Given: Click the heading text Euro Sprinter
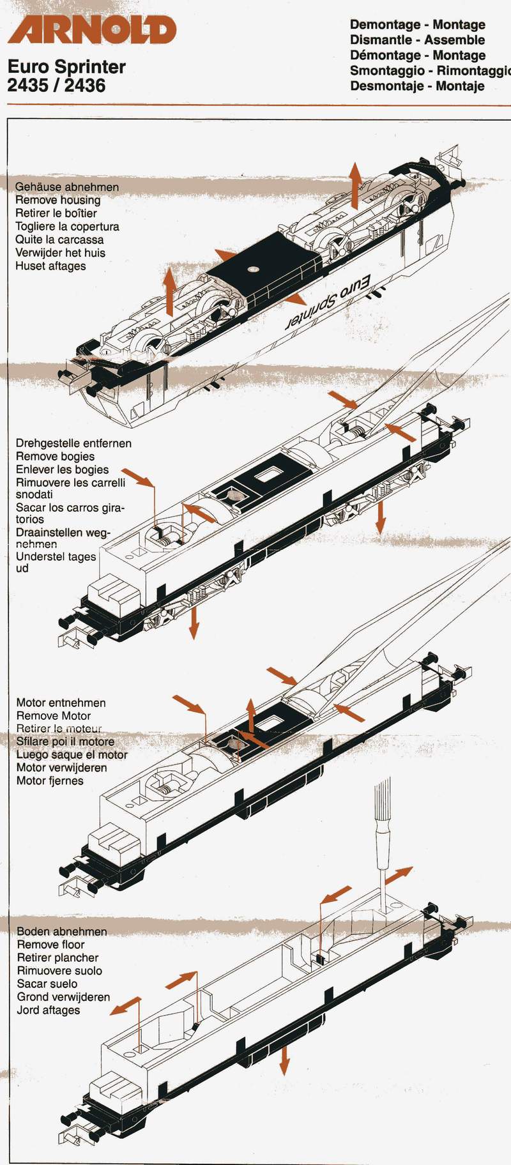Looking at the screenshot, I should pyautogui.click(x=66, y=66).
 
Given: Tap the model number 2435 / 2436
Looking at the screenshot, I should pyautogui.click(x=56, y=85).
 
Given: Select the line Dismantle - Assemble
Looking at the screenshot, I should pyautogui.click(x=417, y=40).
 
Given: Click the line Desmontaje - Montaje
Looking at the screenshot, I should pyautogui.click(x=417, y=86).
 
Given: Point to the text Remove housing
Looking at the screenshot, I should pyautogui.click(x=57, y=200).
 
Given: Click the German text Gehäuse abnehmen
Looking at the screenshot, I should pyautogui.click(x=66, y=187).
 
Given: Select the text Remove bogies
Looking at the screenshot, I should pyautogui.click(x=55, y=456).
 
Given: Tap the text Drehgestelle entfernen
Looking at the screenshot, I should pyautogui.click(x=73, y=443).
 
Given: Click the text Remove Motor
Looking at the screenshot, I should pyautogui.click(x=54, y=715).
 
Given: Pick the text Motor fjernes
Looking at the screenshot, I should pyautogui.click(x=50, y=780).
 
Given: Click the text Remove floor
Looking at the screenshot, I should pyautogui.click(x=50, y=944).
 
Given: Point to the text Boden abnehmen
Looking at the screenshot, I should pyautogui.click(x=61, y=931).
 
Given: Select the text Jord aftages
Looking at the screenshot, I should pyautogui.click(x=49, y=1010).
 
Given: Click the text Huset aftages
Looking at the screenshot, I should pyautogui.click(x=50, y=266).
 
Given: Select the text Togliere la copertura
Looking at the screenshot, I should pyautogui.click(x=67, y=226).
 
